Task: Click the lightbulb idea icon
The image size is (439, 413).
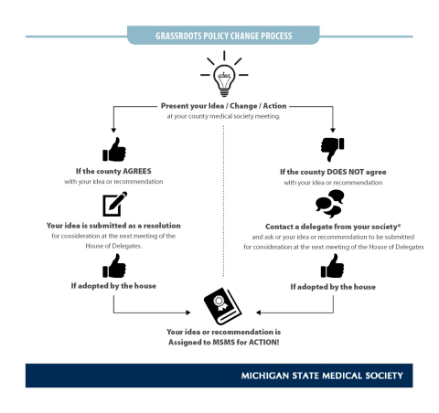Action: tap(219, 76)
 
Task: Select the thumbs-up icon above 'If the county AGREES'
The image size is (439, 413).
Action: tap(115, 149)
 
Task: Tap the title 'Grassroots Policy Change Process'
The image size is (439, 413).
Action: tap(219, 37)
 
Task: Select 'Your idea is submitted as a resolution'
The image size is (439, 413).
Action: tap(114, 224)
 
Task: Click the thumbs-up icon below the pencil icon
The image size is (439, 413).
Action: tap(115, 266)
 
